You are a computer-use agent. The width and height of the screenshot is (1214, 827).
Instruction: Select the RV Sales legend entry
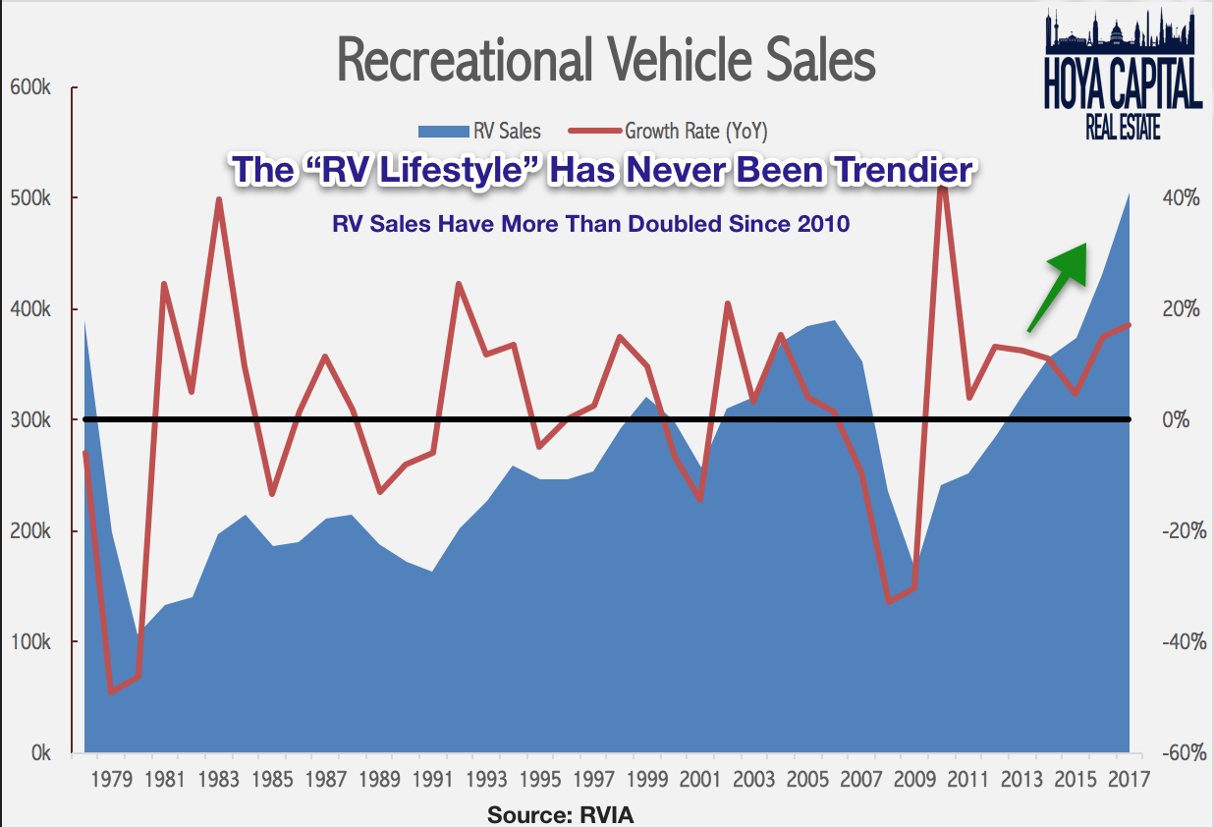coord(479,130)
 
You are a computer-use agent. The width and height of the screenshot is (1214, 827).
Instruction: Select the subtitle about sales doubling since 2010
coord(590,224)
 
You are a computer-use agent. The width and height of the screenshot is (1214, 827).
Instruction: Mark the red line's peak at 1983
coord(219,199)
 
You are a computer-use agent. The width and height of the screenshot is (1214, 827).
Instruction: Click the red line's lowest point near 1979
coord(111,691)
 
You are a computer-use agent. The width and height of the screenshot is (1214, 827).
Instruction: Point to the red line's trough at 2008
coord(889,601)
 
